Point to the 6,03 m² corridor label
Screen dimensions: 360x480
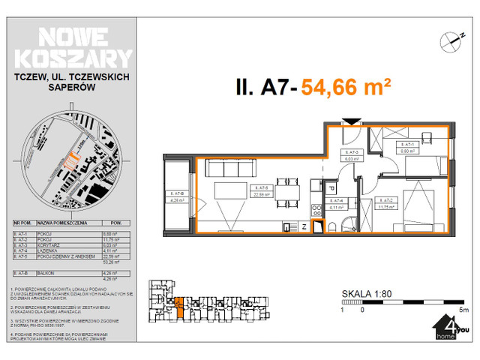(x=350, y=156)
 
